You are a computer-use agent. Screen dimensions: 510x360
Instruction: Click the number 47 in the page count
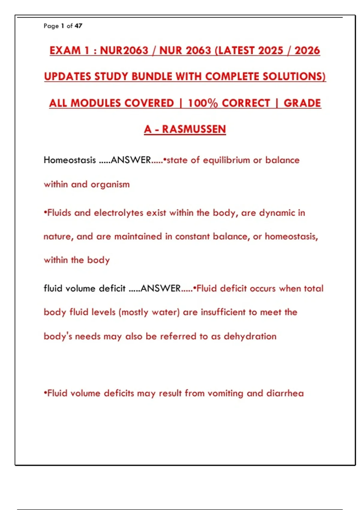point(78,26)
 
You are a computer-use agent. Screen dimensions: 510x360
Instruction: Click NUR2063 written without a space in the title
point(124,50)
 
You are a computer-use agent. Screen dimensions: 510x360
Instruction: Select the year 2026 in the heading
point(307,50)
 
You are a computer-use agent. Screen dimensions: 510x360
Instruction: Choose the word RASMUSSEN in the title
point(194,129)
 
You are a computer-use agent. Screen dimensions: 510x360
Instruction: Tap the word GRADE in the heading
point(302,103)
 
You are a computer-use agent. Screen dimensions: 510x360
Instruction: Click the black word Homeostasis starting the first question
point(70,160)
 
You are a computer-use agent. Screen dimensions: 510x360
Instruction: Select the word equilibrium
point(226,160)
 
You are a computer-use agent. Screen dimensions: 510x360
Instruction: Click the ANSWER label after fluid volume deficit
point(160,288)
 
